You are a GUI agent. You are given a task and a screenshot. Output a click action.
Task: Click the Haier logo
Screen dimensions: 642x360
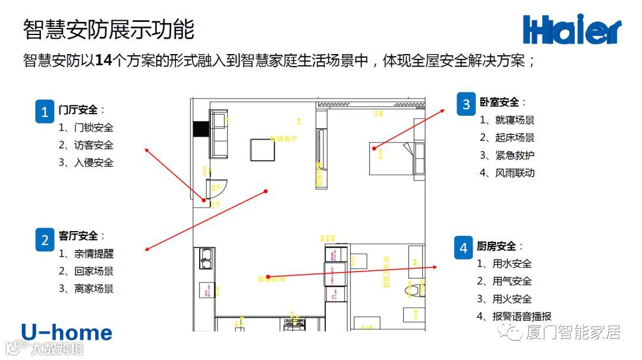click(x=572, y=30)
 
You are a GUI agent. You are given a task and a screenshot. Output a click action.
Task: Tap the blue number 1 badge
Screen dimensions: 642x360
click(x=45, y=111)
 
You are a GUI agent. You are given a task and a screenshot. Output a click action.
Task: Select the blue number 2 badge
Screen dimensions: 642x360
click(x=45, y=239)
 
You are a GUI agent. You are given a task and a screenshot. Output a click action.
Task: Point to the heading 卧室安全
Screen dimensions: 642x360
click(x=499, y=102)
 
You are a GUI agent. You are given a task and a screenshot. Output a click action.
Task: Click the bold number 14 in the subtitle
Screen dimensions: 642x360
click(x=103, y=61)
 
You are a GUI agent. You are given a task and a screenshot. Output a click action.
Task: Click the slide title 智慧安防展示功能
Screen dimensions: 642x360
click(x=109, y=29)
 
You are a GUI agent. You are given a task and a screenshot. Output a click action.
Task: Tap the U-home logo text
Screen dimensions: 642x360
click(x=67, y=333)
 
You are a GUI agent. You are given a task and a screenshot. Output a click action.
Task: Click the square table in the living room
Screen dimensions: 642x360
click(x=262, y=150)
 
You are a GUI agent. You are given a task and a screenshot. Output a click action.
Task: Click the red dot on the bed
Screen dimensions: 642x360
click(x=374, y=149)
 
